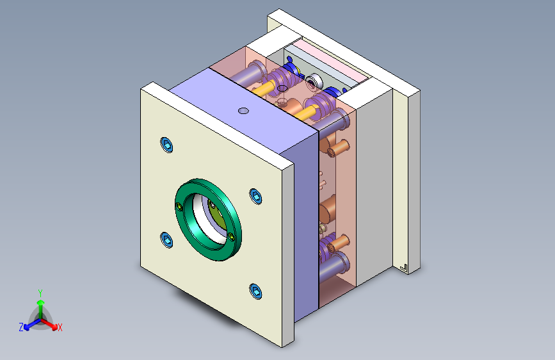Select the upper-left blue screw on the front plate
pos(166,145)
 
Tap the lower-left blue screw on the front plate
pos(166,240)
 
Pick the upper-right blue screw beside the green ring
pos(255,196)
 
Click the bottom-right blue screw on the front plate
pos(255,291)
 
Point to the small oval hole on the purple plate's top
pos(243,111)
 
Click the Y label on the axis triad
pos(40,293)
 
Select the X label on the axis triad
pos(60,327)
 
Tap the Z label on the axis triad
pos(21,327)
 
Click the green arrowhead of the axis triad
pos(41,302)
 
